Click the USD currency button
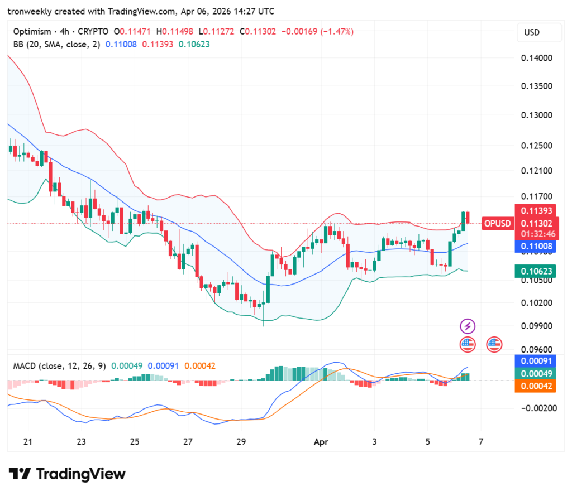pos(538,32)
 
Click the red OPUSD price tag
pos(497,224)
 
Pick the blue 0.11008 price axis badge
pos(537,246)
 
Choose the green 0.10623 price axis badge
pos(537,271)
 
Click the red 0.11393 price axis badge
pos(537,211)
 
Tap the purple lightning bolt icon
pos(468,326)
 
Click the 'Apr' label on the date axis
pos(321,442)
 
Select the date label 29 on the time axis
pos(241,442)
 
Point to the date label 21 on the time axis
pos(28,442)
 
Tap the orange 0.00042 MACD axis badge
pos(537,386)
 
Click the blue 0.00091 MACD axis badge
pos(537,361)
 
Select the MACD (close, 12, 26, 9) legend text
pos(58,366)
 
